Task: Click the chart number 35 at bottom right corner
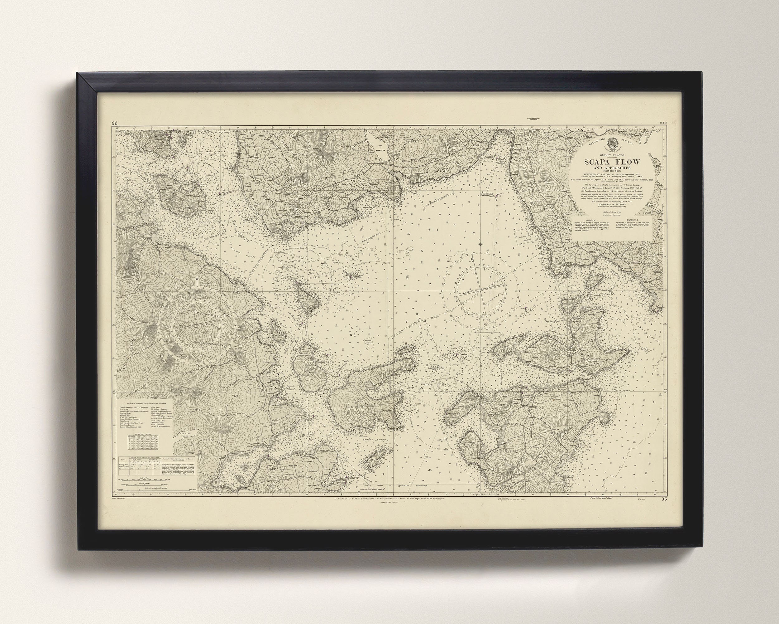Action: point(664,500)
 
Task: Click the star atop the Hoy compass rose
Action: point(197,280)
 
